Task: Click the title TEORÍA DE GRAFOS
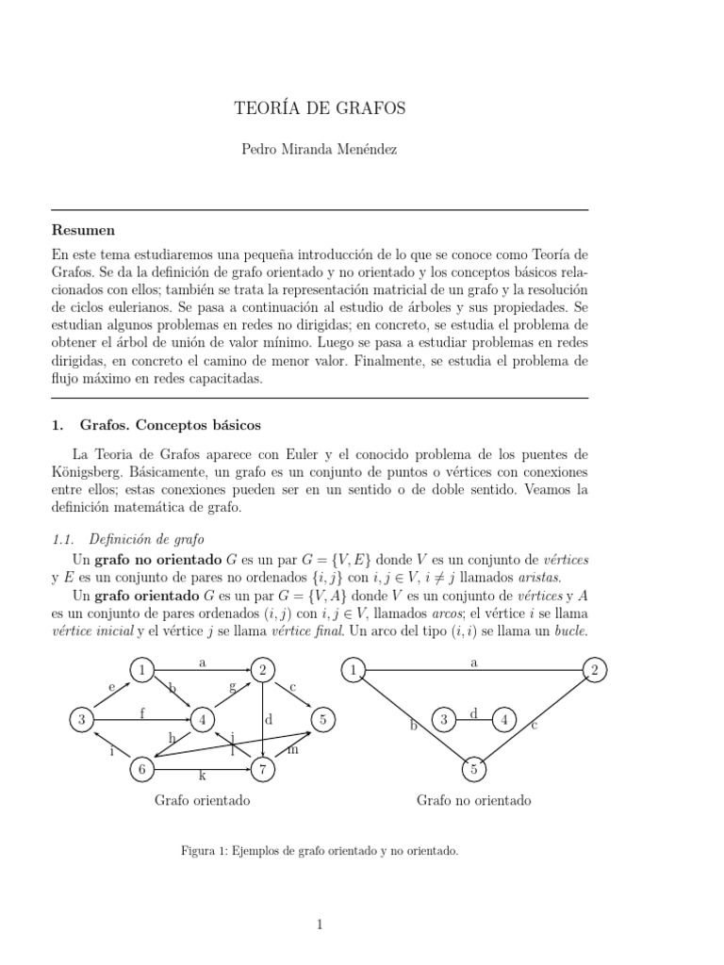320,108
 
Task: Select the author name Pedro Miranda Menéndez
320,150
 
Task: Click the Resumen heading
83,230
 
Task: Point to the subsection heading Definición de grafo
146,540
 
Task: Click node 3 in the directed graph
83,721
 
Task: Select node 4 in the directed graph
203,721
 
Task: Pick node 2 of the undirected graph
594,671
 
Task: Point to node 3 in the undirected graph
444,721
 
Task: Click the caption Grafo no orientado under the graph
473,800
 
